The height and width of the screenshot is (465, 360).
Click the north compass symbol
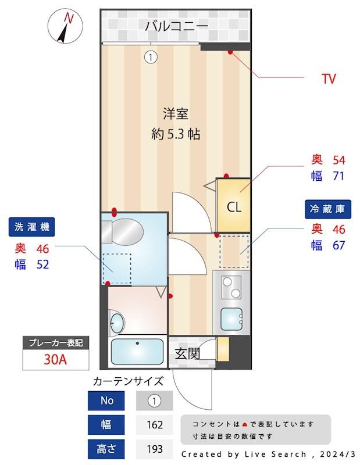[x=65, y=26]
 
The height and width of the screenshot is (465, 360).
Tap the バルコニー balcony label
[x=176, y=26]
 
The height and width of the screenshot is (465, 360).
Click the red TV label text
[x=329, y=79]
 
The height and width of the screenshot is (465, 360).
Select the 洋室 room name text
[x=176, y=114]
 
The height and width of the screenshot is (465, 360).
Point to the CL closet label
[x=234, y=207]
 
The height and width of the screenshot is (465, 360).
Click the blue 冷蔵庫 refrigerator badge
[x=328, y=209]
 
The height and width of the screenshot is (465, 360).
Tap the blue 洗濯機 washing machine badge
[x=32, y=227]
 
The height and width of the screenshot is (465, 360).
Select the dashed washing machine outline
[x=117, y=269]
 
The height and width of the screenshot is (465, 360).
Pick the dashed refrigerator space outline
[x=234, y=252]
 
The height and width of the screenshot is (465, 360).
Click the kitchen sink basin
[x=231, y=319]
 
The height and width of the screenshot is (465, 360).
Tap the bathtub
[x=137, y=352]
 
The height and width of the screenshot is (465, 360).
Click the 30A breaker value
[x=55, y=359]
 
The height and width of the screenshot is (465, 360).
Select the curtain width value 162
[x=155, y=425]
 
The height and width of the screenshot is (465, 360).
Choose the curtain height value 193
[x=155, y=449]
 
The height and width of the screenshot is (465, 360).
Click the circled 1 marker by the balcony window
[x=151, y=57]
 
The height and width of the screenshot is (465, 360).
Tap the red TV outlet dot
[x=230, y=52]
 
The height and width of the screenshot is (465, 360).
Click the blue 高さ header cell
[x=106, y=449]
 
